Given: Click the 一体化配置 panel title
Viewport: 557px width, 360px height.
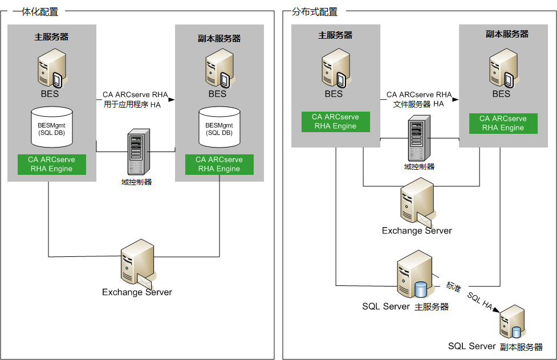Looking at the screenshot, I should (x=35, y=11).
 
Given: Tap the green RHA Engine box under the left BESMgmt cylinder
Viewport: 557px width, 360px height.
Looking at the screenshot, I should (x=51, y=164).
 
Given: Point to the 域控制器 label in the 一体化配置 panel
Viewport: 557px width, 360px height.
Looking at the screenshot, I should (x=137, y=182).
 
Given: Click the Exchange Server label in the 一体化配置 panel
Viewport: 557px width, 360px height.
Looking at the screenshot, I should (x=137, y=292).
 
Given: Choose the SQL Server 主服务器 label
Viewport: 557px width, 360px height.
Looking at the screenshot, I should (x=405, y=306).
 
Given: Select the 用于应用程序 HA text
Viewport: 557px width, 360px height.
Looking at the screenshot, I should (x=132, y=104).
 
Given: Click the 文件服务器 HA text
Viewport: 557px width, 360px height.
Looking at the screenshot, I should (x=418, y=104).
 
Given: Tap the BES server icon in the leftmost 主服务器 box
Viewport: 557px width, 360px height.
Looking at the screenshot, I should (x=52, y=68).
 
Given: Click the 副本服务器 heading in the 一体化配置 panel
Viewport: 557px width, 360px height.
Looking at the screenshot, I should (x=219, y=39).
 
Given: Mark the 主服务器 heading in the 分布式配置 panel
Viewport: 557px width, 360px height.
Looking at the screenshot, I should (x=335, y=35).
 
